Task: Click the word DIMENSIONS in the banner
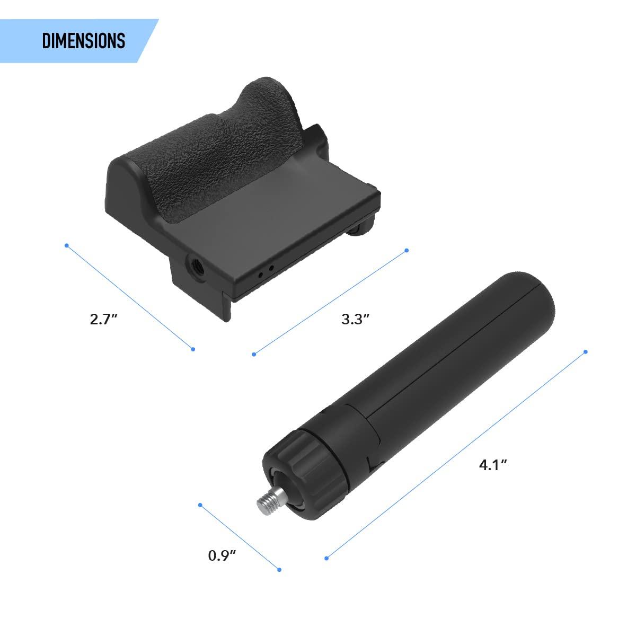coord(83,41)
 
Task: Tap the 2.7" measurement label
coord(103,320)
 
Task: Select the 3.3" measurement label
coord(355,319)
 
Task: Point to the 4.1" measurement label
coord(493,465)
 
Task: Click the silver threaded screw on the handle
coord(267,499)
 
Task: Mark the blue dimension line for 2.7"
coord(130,297)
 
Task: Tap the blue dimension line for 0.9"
coord(240,537)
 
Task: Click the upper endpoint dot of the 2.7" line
coord(66,245)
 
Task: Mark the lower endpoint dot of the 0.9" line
coord(279,570)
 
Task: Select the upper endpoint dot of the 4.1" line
coord(586,351)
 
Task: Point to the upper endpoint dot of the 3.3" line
coord(407,250)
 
